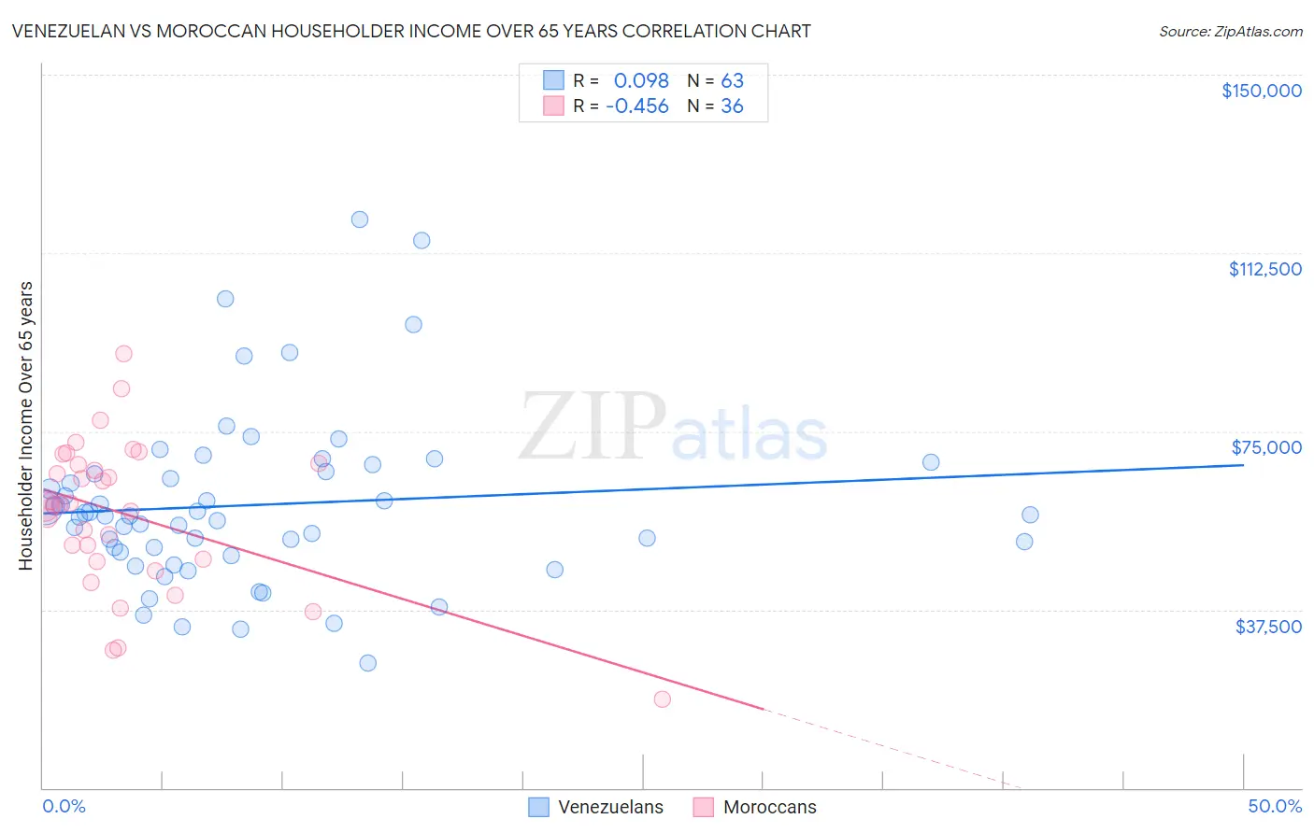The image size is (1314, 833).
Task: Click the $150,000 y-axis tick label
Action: (x=1261, y=91)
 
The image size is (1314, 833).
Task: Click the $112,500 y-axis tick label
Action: (x=1264, y=269)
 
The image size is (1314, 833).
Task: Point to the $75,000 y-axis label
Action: (x=1266, y=447)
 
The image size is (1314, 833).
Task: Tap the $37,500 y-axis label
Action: (x=1268, y=627)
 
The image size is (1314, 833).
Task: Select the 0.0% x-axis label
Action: (x=64, y=806)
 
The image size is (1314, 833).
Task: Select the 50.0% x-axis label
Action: (x=1275, y=806)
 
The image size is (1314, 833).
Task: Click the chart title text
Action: (x=411, y=31)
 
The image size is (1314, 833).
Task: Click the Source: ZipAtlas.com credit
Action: (x=1230, y=31)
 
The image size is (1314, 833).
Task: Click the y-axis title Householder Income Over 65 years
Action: (x=26, y=426)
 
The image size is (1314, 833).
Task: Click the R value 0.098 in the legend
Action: (x=641, y=80)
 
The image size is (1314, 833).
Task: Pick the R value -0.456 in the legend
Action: (x=637, y=106)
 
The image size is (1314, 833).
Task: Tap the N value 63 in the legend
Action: (x=732, y=80)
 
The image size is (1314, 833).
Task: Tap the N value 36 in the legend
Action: (x=732, y=106)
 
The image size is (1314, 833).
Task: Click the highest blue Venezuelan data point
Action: (x=360, y=219)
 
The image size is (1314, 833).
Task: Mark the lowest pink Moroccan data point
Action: (x=663, y=699)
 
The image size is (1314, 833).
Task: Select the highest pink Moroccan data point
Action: (x=123, y=354)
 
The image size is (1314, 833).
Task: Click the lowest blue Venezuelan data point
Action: (x=368, y=663)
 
